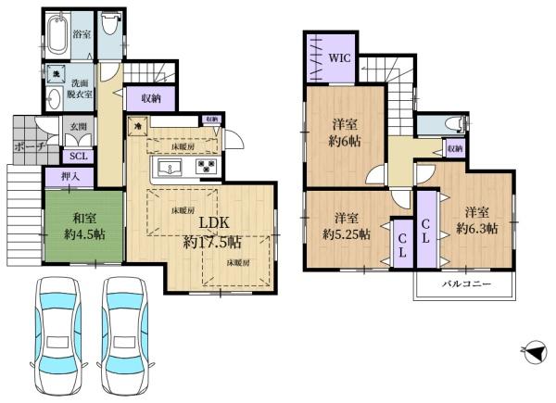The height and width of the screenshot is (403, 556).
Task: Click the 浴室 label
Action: [82, 34]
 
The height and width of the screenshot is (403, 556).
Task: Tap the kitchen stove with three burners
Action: [206, 168]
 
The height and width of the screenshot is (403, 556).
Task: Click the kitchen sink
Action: [173, 168]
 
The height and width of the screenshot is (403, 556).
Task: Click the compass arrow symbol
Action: [533, 352]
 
